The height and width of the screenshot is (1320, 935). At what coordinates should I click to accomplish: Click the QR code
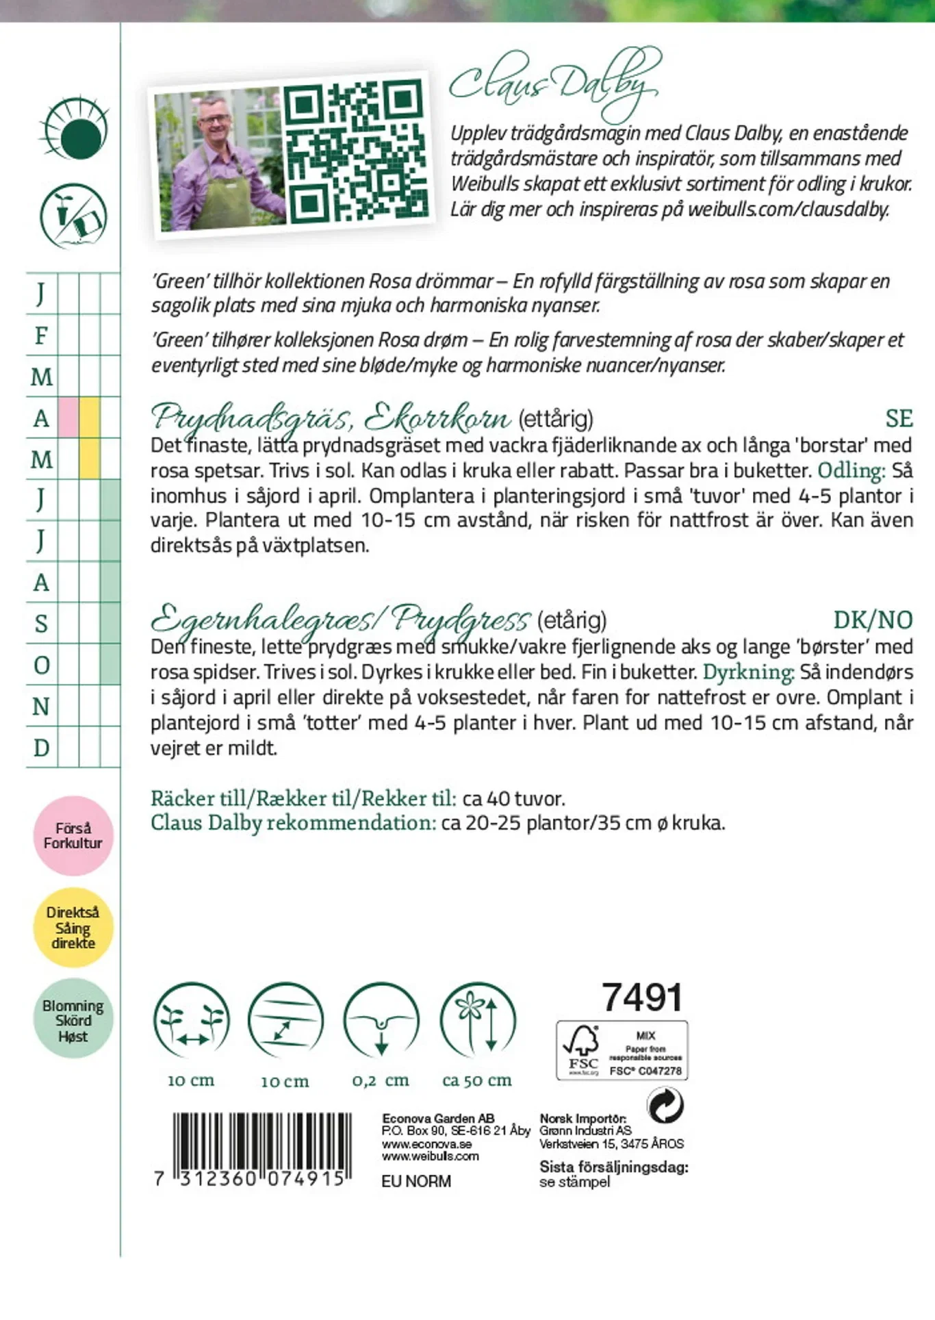click(x=355, y=152)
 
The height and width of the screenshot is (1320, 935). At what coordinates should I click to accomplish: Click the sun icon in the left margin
click(x=75, y=130)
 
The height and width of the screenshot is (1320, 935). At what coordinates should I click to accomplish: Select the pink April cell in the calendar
click(x=68, y=417)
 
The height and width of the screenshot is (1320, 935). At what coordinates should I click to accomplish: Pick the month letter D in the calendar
click(x=41, y=748)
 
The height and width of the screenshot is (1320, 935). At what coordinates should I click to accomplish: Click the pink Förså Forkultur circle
click(x=73, y=835)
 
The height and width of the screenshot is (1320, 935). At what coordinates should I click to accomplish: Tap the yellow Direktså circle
click(x=73, y=927)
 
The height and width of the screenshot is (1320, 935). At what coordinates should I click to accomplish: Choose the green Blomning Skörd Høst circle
click(x=73, y=1019)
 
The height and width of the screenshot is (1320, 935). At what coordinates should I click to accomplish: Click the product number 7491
click(x=642, y=998)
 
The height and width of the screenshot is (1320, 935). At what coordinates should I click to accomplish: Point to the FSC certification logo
click(x=622, y=1050)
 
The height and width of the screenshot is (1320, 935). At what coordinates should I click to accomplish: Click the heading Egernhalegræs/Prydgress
click(x=340, y=619)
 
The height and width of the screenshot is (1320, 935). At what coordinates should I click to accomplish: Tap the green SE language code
click(x=899, y=418)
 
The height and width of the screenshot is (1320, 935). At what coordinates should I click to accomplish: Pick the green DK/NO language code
click(x=873, y=620)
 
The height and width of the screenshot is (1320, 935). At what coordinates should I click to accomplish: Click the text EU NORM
click(x=416, y=1181)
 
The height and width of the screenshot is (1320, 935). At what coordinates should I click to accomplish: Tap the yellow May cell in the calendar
click(x=90, y=458)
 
